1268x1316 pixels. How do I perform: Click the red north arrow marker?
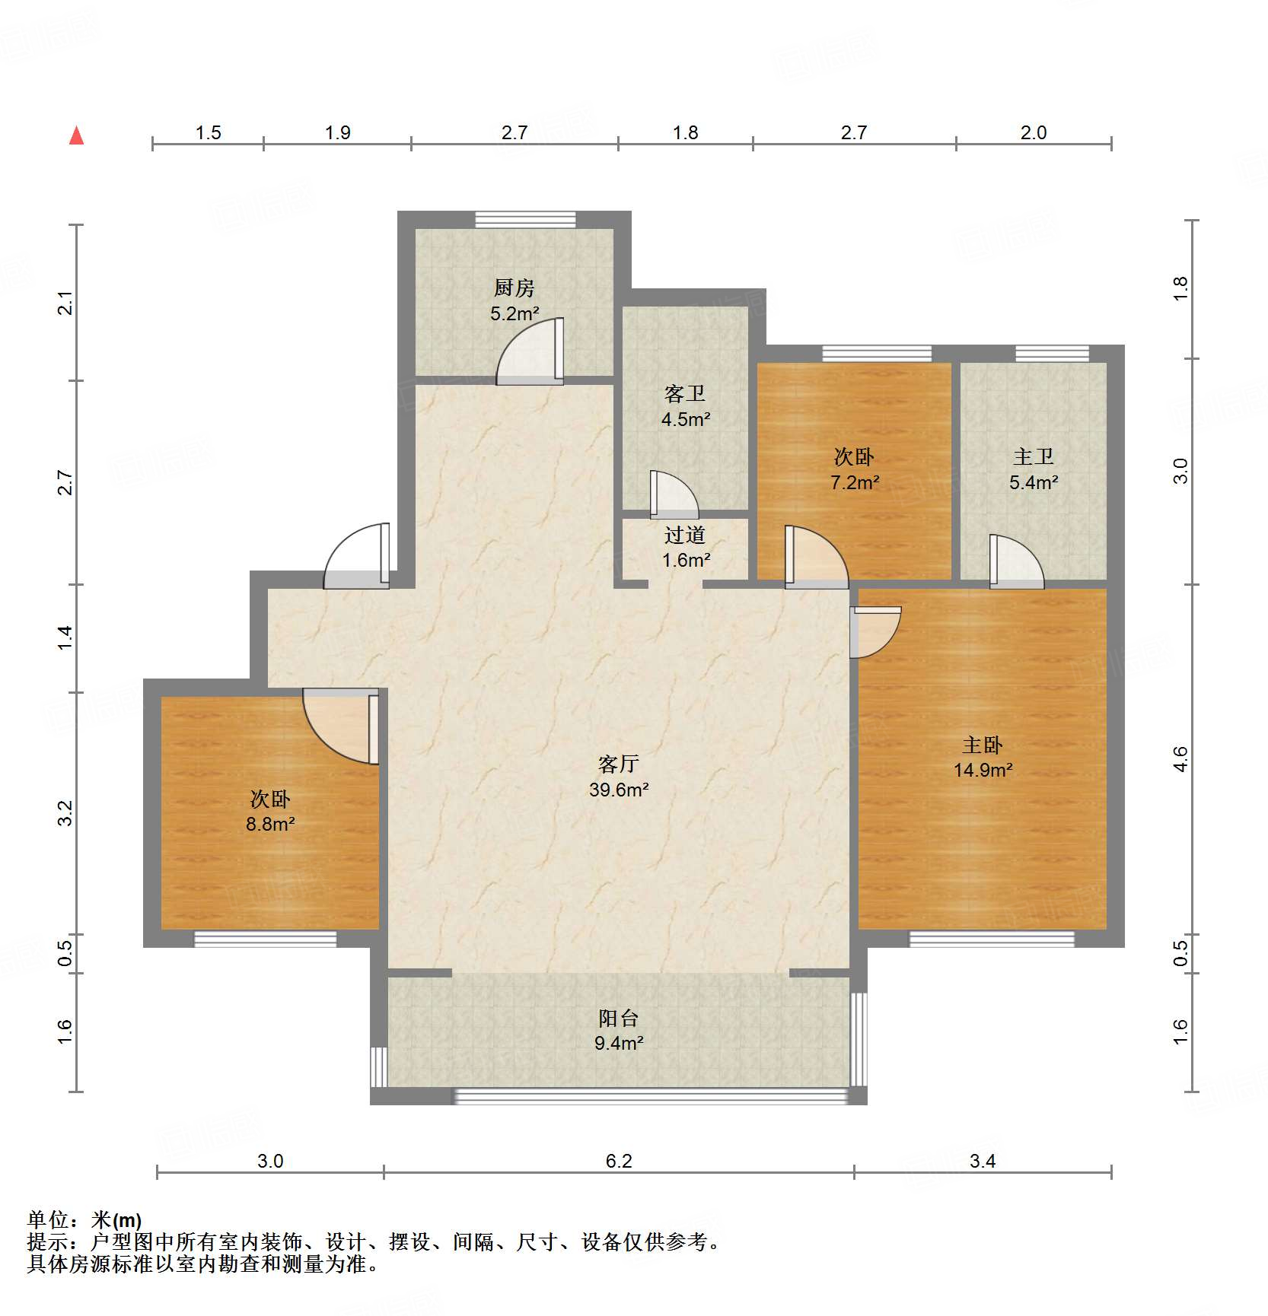[x=76, y=136]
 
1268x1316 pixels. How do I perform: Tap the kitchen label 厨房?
[x=515, y=288]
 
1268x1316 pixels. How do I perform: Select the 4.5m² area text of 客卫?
[x=685, y=419]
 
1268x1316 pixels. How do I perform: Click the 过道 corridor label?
[x=685, y=536]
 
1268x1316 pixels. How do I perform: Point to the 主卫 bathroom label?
[x=1033, y=457]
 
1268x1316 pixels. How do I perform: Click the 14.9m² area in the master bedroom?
[x=983, y=771]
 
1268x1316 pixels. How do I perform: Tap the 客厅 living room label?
[x=618, y=764]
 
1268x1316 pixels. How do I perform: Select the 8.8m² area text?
[x=269, y=824]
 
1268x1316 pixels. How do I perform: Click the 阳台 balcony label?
[x=618, y=1018]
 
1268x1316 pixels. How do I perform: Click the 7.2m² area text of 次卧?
[x=854, y=482]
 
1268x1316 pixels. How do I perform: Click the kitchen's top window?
[x=525, y=219]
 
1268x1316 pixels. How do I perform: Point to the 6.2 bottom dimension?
[x=618, y=1161]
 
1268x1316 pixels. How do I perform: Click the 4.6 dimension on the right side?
[x=1180, y=759]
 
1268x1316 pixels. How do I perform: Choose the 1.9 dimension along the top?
[x=337, y=133]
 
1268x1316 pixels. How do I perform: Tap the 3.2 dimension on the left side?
[x=66, y=812]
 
